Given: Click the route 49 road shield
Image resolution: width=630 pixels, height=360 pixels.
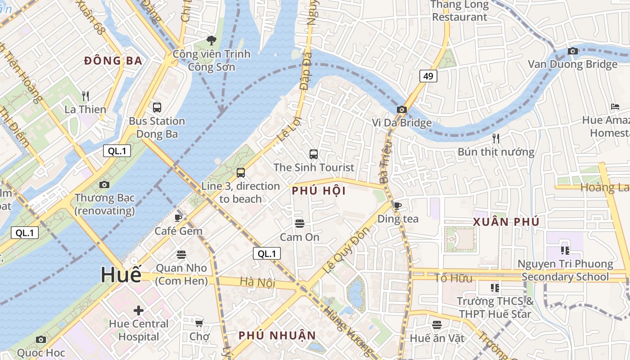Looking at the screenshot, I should coord(428,76).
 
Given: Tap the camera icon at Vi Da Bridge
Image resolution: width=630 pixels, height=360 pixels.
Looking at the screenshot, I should coord(401,109).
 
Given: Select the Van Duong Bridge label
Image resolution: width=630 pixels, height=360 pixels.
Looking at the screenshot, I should coord(572,64).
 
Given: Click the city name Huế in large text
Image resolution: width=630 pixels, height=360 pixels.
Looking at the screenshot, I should coord(121,274).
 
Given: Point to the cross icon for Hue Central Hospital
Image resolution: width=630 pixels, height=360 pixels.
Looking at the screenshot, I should coord(139,310).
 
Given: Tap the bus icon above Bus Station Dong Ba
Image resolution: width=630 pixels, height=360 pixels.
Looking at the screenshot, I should coord(157,108).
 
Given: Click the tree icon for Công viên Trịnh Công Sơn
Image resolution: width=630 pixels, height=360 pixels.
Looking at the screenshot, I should coord(211,40).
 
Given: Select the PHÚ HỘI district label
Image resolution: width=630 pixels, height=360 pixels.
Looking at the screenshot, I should coord(319,191).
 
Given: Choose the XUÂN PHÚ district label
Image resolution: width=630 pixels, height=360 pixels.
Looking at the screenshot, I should coord(506,222).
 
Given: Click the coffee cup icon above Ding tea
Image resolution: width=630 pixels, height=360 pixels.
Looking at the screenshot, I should coord(397,206).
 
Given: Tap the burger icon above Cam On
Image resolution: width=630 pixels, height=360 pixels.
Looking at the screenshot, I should coord(299,223).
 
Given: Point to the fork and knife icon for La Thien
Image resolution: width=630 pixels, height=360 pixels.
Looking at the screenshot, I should coord(85,96).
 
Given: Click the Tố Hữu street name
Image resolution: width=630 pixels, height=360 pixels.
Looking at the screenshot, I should coord(454,278).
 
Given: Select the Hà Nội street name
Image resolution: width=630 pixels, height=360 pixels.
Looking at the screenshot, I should coord(257,282).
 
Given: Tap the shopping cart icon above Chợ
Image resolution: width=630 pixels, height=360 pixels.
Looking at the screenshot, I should coord(199,323).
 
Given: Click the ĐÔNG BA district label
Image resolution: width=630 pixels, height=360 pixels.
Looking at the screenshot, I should coord(113,61).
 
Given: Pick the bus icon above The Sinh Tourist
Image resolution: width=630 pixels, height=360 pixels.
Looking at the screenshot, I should coord(314,154).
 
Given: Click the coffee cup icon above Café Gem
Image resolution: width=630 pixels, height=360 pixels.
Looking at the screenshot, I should coord(178,218).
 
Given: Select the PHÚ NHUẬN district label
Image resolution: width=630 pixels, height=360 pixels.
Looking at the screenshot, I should coord(277,335).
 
